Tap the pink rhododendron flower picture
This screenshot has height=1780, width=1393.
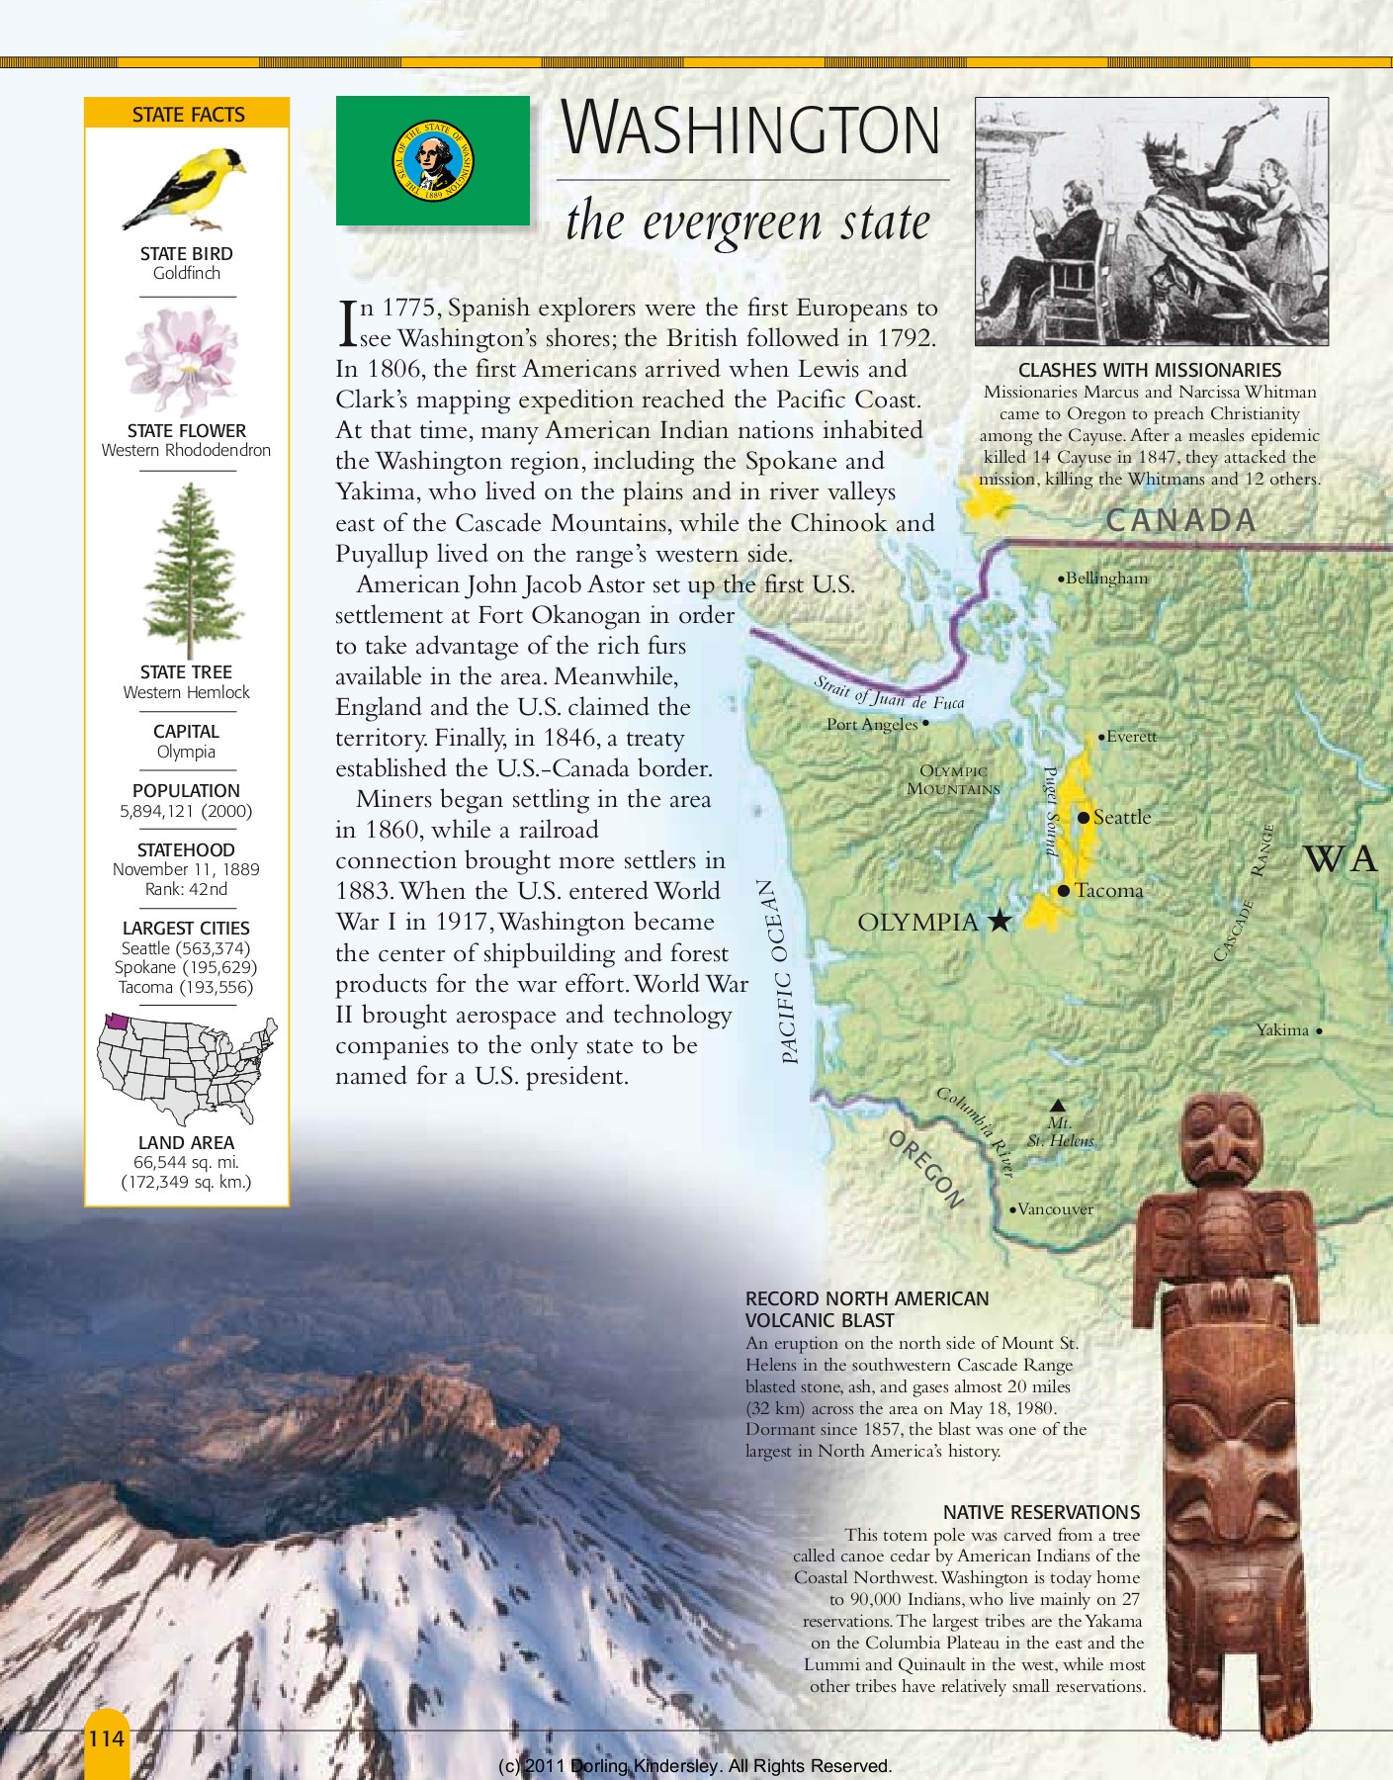184,359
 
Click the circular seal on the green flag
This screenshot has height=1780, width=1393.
433,160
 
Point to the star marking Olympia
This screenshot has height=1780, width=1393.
1001,922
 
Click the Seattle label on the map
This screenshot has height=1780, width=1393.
1122,818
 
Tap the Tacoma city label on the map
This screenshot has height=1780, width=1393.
1108,891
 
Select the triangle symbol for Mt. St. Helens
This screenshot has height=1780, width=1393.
1058,1106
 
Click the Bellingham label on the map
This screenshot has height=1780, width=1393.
1106,578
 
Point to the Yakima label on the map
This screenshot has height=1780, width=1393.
1282,1030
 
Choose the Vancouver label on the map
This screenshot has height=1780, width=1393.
1055,1209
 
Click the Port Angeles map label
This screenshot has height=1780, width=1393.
872,725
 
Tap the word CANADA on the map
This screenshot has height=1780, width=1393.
1180,520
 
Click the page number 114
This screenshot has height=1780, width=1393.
107,1738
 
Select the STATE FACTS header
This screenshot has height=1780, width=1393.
188,115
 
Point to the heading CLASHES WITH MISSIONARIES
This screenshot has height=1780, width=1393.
1149,370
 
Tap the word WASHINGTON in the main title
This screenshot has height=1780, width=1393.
750,130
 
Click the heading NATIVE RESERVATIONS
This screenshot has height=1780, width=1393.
1041,1512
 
